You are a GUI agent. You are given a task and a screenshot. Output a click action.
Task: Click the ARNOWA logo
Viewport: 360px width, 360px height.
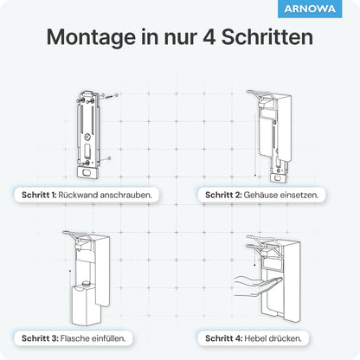[322, 10]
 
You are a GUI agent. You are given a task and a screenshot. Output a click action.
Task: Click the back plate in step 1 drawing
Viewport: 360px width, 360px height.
[91, 130]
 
